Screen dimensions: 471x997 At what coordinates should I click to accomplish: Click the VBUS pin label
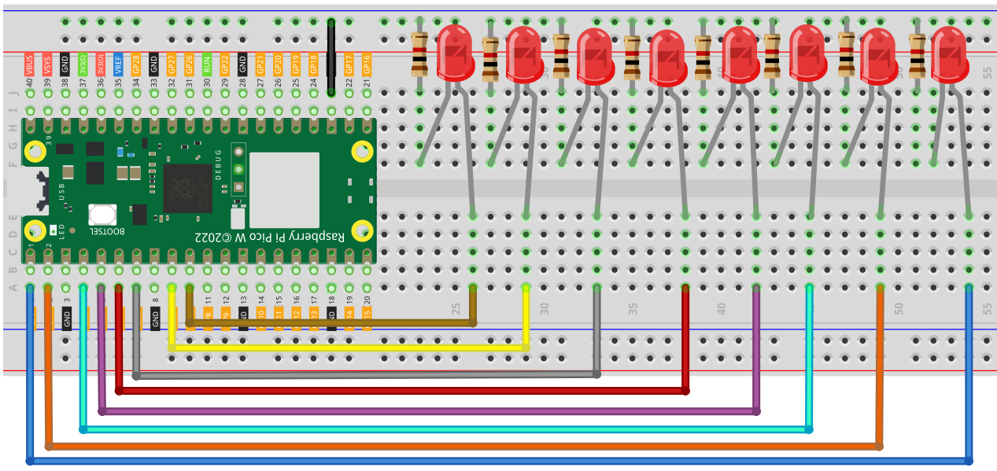[x=30, y=64]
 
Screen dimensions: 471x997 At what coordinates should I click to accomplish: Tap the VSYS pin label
[x=48, y=64]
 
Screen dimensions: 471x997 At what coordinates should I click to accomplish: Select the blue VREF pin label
[x=118, y=64]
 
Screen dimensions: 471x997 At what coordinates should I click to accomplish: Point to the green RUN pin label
[x=207, y=64]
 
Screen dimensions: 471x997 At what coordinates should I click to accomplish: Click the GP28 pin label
[x=136, y=64]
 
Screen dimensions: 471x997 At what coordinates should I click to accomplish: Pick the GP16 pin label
[x=367, y=64]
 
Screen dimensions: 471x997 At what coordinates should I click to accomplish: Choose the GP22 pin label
[x=224, y=64]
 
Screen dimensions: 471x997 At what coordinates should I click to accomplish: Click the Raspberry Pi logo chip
[x=186, y=188]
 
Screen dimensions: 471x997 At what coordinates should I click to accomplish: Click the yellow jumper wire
[x=346, y=347]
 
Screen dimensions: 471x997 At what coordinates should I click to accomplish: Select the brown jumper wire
[x=330, y=322]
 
